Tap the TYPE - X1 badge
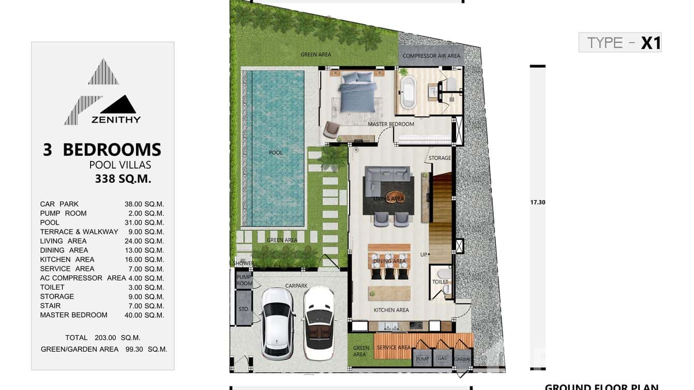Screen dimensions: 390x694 [620, 42]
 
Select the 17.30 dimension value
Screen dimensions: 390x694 [537, 202]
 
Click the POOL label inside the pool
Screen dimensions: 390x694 [276, 153]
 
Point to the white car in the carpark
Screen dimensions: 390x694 [278, 323]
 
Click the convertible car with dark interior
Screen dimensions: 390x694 [318, 323]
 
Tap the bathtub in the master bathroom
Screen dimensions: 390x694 [408, 93]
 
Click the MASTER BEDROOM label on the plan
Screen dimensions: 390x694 [390, 124]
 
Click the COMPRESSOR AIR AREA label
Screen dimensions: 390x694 [431, 56]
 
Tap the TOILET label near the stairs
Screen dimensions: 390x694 [440, 282]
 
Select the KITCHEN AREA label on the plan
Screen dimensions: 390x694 [391, 310]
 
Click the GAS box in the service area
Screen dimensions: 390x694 [442, 358]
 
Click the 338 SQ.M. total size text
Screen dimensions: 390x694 [123, 179]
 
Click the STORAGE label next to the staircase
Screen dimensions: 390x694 [440, 158]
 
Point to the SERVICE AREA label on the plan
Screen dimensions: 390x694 [393, 348]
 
